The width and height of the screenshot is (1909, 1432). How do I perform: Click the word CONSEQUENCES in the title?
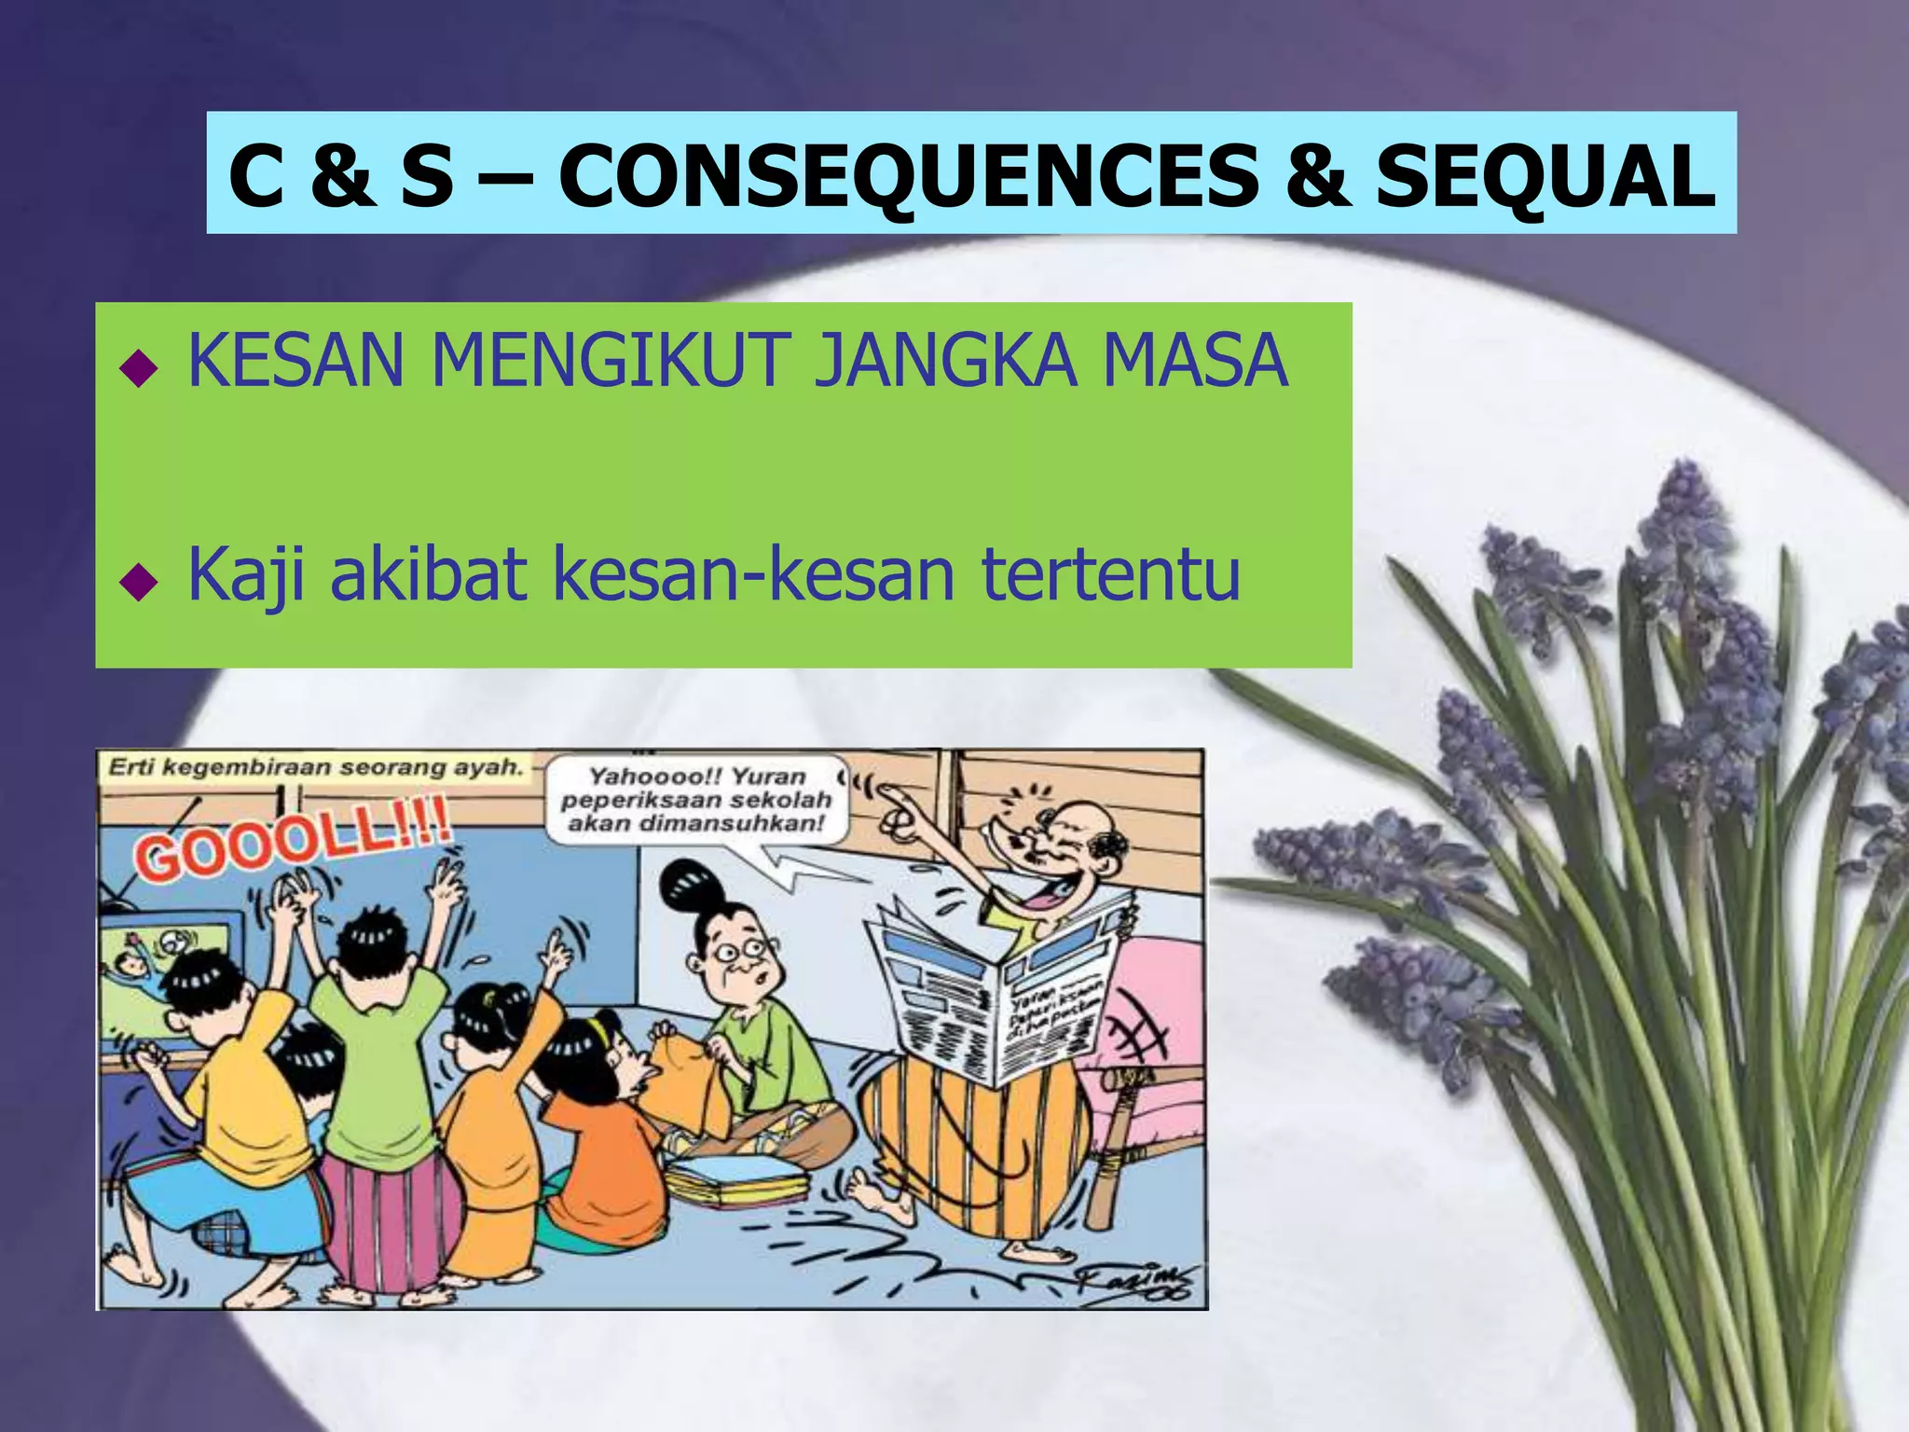pos(909,177)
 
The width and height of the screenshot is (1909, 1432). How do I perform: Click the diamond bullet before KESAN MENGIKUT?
pos(139,370)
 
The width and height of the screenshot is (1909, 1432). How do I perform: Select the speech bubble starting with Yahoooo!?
pos(696,799)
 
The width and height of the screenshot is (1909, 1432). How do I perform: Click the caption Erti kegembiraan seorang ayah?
pos(315,767)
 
